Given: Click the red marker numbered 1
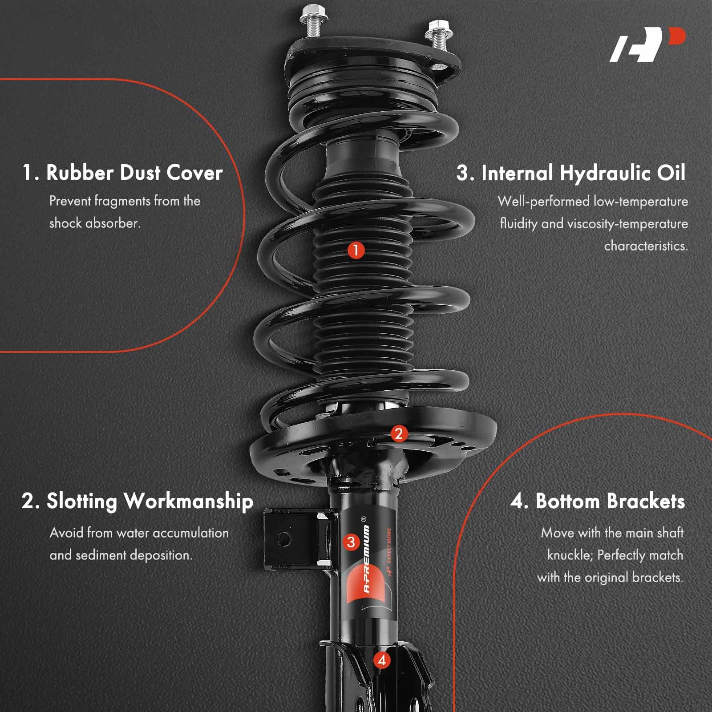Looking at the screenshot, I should (x=356, y=250).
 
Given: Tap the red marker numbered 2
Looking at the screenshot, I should (x=398, y=433).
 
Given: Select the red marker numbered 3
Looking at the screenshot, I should (x=351, y=542).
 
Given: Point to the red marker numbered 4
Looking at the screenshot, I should (x=382, y=660).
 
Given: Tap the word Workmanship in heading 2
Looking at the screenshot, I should (x=188, y=501).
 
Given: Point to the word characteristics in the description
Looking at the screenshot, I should (x=646, y=246).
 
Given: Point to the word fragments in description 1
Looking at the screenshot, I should (x=122, y=201).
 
